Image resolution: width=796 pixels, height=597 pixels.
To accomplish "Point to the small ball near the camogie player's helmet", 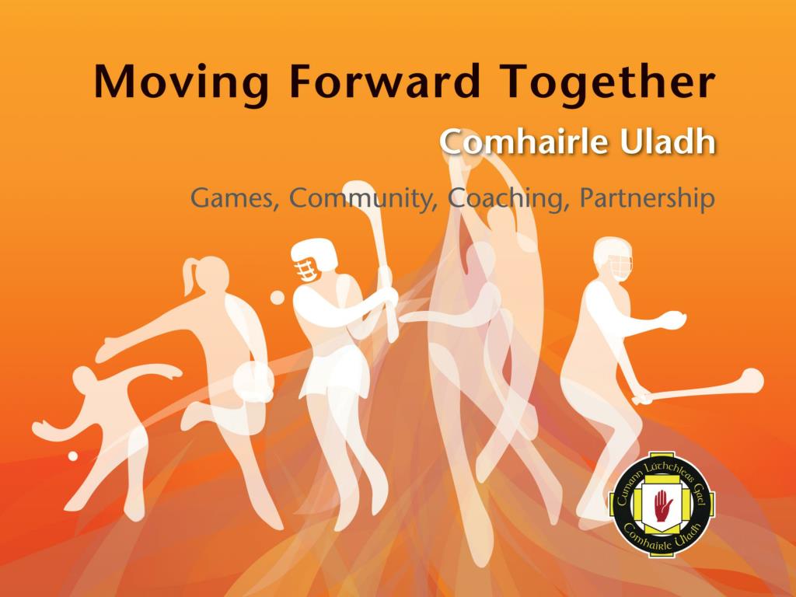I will click(278, 297).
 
